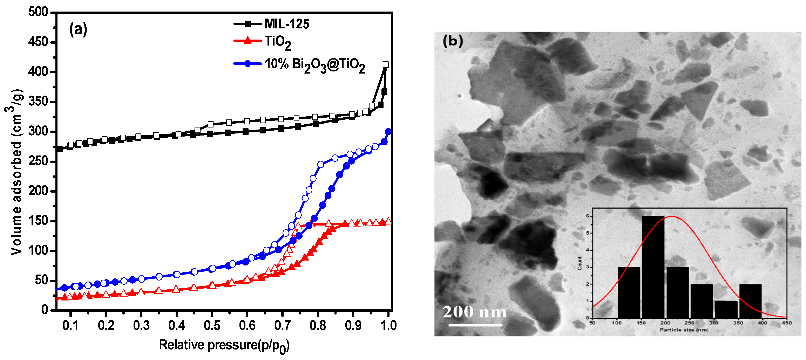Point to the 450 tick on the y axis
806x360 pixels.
point(38,42)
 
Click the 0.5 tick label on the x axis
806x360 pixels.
point(212,325)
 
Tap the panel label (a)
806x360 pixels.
point(78,29)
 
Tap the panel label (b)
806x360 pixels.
point(452,41)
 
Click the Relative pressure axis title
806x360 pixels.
point(224,345)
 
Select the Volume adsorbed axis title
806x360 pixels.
point(16,172)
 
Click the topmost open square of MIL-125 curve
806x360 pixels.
point(385,65)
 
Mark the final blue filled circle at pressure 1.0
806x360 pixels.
point(388,131)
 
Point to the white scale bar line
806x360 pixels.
point(475,325)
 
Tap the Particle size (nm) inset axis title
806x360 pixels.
point(684,330)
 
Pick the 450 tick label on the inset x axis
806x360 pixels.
point(786,323)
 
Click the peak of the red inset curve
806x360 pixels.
point(671,216)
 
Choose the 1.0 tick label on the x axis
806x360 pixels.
point(388,325)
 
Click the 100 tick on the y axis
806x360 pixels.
point(38,250)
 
